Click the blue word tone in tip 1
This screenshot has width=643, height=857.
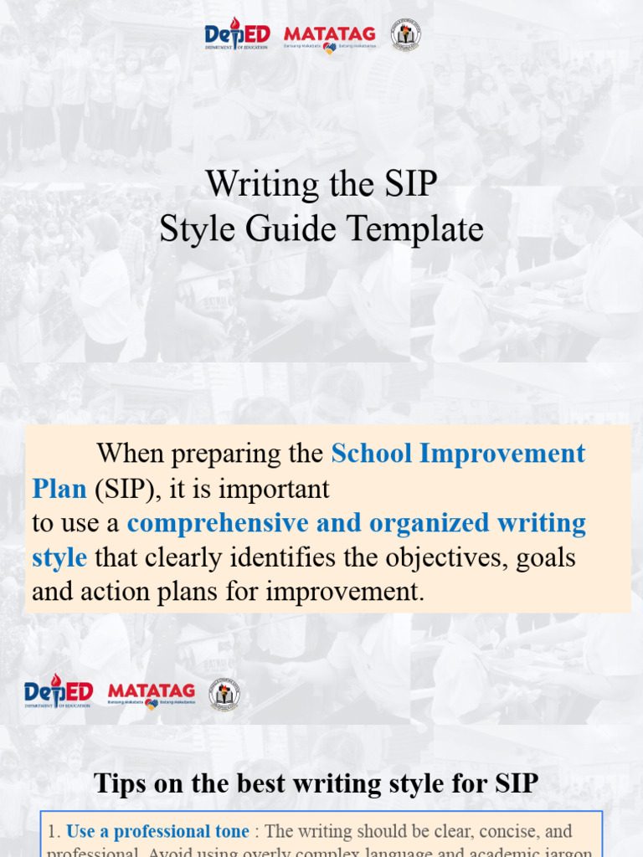(226, 831)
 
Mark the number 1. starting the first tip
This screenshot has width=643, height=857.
(54, 831)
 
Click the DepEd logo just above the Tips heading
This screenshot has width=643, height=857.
(58, 691)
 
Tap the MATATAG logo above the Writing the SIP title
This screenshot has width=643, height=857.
(330, 36)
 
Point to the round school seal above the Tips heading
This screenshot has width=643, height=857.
(224, 694)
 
